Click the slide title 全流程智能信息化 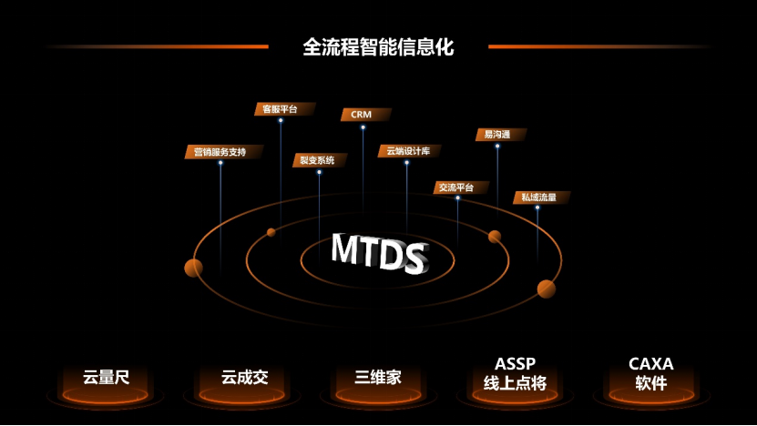click(378, 46)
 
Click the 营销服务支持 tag click(223, 151)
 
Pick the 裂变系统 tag click(319, 160)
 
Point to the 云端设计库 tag click(409, 150)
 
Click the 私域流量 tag click(540, 197)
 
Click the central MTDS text click(378, 253)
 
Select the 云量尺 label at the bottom click(107, 377)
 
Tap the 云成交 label click(242, 377)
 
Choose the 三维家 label click(378, 377)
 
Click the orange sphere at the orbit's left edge click(193, 268)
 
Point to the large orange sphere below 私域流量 click(547, 289)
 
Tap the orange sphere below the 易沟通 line click(495, 237)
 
